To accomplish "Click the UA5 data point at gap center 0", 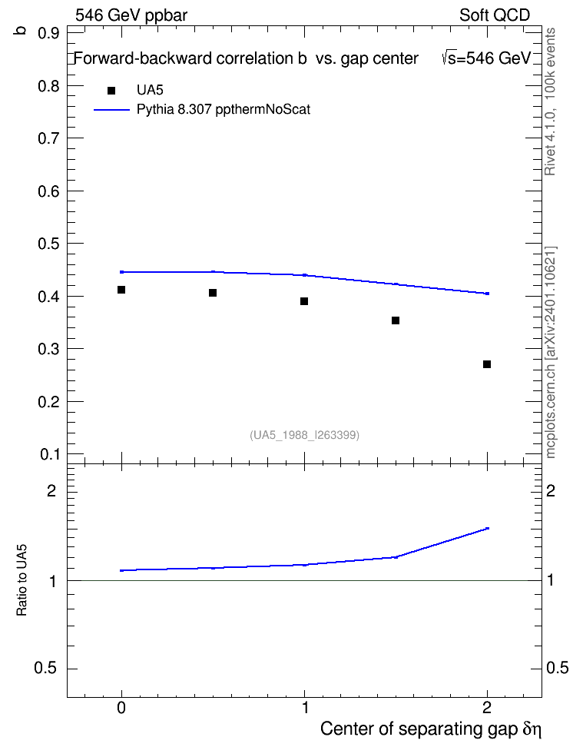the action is coord(121,290).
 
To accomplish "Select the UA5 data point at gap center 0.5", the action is coord(213,293).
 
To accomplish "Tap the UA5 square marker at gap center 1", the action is coord(304,301).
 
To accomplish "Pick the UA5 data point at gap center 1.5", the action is coord(396,320).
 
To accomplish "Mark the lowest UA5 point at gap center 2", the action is coord(487,364).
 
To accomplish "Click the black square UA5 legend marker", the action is coord(111,91).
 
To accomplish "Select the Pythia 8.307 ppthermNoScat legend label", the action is coord(224,110).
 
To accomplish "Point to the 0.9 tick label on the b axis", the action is coord(48,33).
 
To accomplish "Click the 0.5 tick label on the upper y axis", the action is coord(48,244).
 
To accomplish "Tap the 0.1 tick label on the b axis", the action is coord(49,454).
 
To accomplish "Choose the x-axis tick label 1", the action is coord(305,708).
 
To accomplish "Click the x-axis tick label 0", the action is coord(121,708).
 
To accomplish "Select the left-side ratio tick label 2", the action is coord(51,490).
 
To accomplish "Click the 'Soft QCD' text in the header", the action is coord(495,15).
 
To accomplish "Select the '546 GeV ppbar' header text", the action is coord(131,15).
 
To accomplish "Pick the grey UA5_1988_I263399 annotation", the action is coord(304,435).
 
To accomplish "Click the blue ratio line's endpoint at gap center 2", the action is coord(487,528).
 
